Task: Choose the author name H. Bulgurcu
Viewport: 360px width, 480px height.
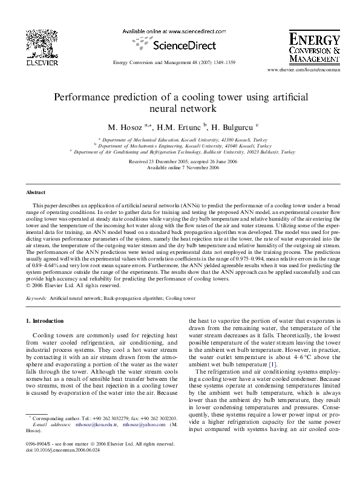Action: (x=232, y=128)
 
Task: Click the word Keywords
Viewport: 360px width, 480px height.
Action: (x=38, y=299)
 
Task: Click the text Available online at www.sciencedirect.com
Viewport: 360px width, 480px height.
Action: (x=167, y=30)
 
